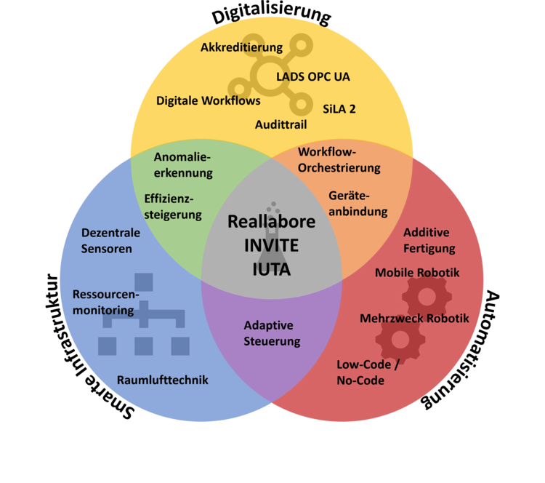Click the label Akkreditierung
pyautogui.click(x=241, y=47)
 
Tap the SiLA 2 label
pyautogui.click(x=339, y=108)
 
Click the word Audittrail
pyautogui.click(x=280, y=124)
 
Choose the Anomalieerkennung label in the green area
pyautogui.click(x=183, y=164)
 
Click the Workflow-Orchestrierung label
pyautogui.click(x=339, y=160)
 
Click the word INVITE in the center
pyautogui.click(x=272, y=245)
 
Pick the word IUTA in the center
pyautogui.click(x=272, y=269)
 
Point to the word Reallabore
pyautogui.click(x=272, y=221)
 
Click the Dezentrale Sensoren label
pyautogui.click(x=106, y=241)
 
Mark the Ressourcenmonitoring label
pyautogui.click(x=104, y=302)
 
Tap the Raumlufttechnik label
pyautogui.click(x=163, y=380)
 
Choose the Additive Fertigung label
pyautogui.click(x=429, y=240)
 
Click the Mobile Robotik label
pyautogui.click(x=417, y=273)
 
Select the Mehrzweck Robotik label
pyautogui.click(x=414, y=319)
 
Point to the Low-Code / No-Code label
pyautogui.click(x=368, y=372)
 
